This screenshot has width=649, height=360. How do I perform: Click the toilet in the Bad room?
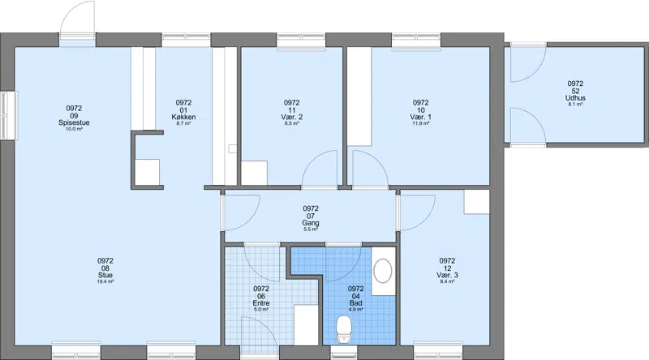pos(344,329)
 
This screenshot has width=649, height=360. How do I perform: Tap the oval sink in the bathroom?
pos(383,271)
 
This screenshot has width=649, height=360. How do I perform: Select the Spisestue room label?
pos(74,123)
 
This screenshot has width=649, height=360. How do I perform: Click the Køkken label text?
pos(183,117)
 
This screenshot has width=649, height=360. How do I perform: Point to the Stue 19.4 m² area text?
pos(105,281)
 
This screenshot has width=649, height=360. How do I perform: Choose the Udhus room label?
pos(575,98)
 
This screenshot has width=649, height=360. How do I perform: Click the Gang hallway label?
pos(311,223)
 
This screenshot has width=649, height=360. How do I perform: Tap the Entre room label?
pos(261,303)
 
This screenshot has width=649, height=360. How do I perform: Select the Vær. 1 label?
pos(420,117)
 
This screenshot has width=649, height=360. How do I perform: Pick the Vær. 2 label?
pos(292,117)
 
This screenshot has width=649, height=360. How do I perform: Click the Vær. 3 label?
pos(447,275)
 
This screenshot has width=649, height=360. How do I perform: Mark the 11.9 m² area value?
pos(420,123)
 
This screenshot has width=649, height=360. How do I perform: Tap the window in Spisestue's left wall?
pos(9,115)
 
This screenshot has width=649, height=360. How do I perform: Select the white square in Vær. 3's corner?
pos(476,202)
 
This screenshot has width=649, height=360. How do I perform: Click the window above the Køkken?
pos(187,41)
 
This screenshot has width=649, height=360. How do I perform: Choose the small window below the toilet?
pos(344,352)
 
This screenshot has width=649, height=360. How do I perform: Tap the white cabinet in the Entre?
pos(306,325)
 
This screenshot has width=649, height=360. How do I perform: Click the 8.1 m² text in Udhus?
pos(575,105)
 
